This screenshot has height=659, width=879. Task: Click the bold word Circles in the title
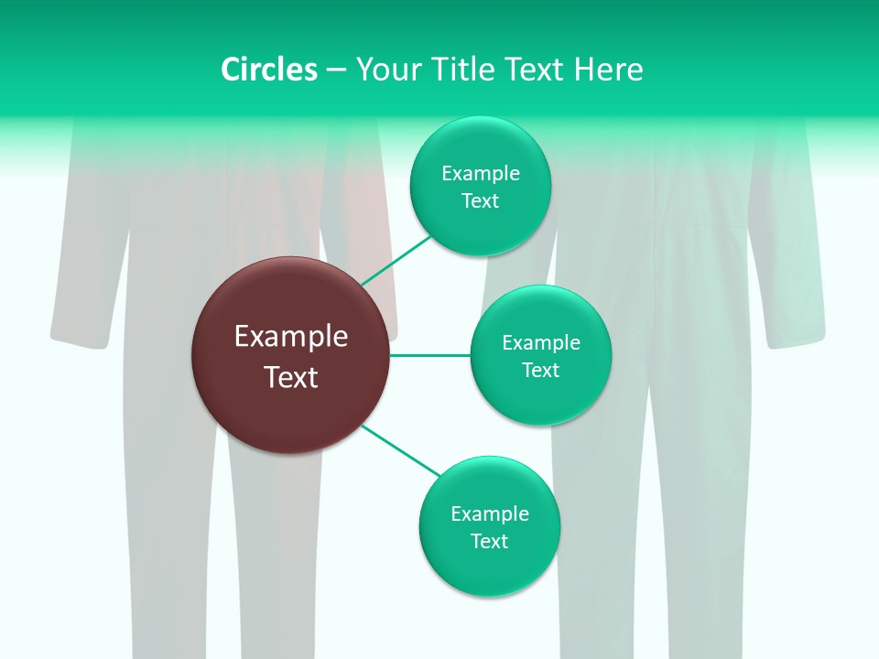tap(269, 70)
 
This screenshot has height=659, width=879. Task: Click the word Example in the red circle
tap(290, 337)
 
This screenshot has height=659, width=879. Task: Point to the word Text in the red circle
tap(290, 377)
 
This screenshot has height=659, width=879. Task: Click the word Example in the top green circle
tap(480, 174)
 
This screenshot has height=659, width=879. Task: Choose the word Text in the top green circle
tap(480, 200)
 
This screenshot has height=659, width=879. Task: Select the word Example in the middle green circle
tap(540, 343)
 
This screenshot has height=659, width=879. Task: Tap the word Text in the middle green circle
tap(540, 370)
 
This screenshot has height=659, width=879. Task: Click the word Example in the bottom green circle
tap(489, 514)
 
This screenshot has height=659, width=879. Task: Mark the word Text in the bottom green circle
tap(489, 541)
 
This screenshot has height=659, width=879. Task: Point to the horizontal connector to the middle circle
tap(430, 355)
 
